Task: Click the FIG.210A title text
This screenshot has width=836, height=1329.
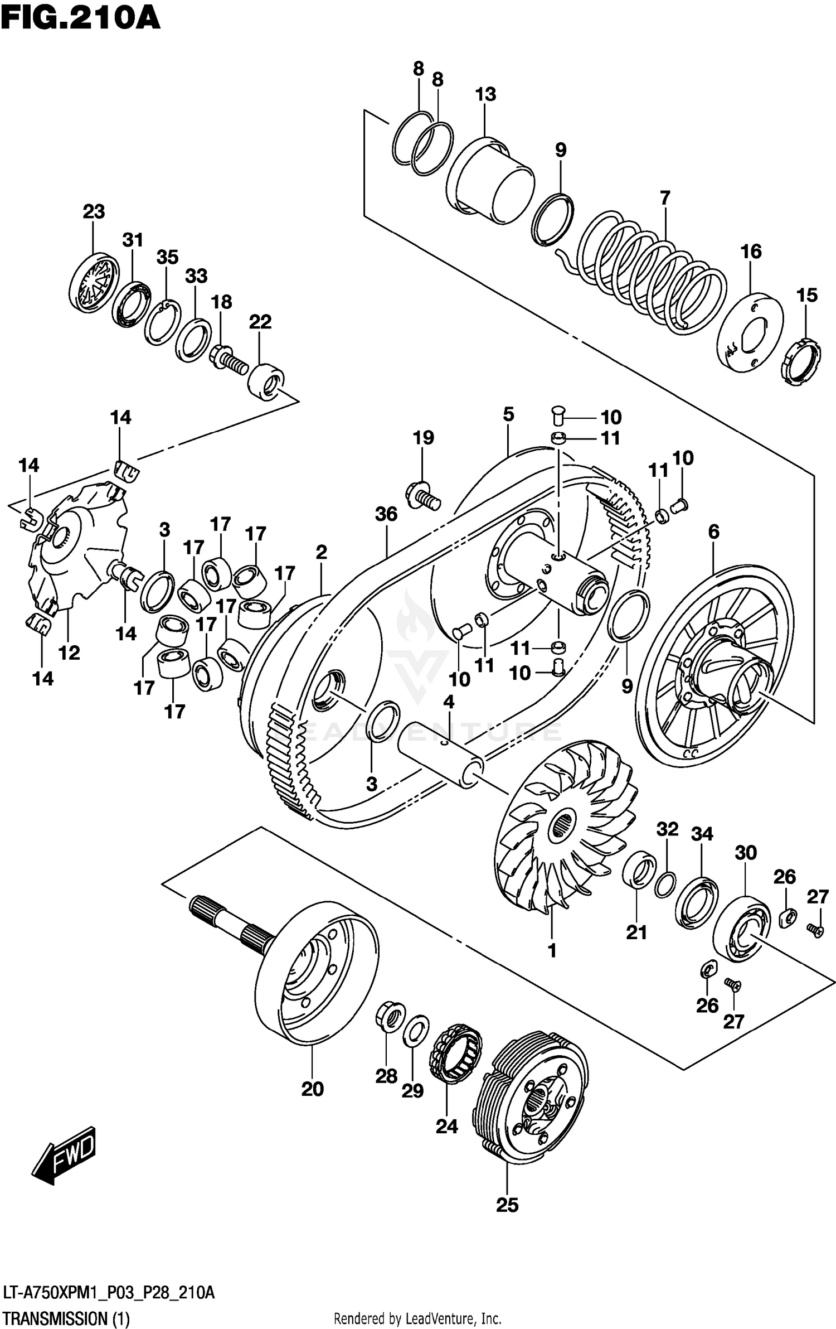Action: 81,18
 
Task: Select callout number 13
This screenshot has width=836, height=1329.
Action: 485,94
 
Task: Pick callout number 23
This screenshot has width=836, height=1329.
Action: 94,212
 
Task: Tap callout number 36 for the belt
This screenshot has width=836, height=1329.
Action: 386,514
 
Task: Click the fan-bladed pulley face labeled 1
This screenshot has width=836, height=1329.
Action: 563,831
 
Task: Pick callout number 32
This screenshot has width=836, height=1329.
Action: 667,829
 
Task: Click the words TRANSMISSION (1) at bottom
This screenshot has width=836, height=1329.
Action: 66,1319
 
